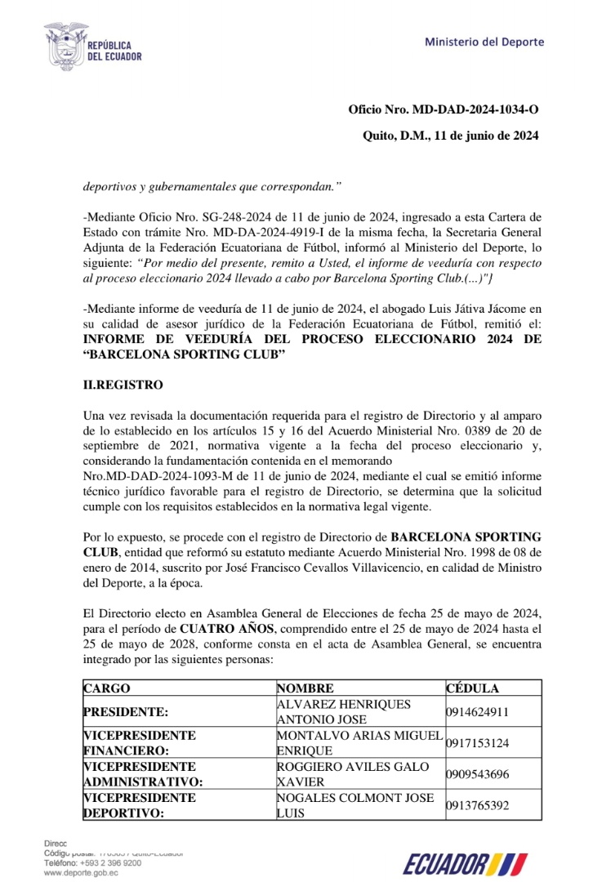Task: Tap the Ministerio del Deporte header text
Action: (x=484, y=42)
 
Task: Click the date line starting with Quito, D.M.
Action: (x=450, y=136)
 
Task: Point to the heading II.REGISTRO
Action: (x=123, y=385)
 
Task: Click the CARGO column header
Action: (x=107, y=688)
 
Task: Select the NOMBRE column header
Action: (x=305, y=688)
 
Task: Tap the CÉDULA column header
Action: (x=472, y=688)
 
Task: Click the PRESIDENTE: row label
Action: (x=126, y=711)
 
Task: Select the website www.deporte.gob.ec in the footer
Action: (x=81, y=873)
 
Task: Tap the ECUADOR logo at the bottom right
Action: (x=464, y=862)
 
